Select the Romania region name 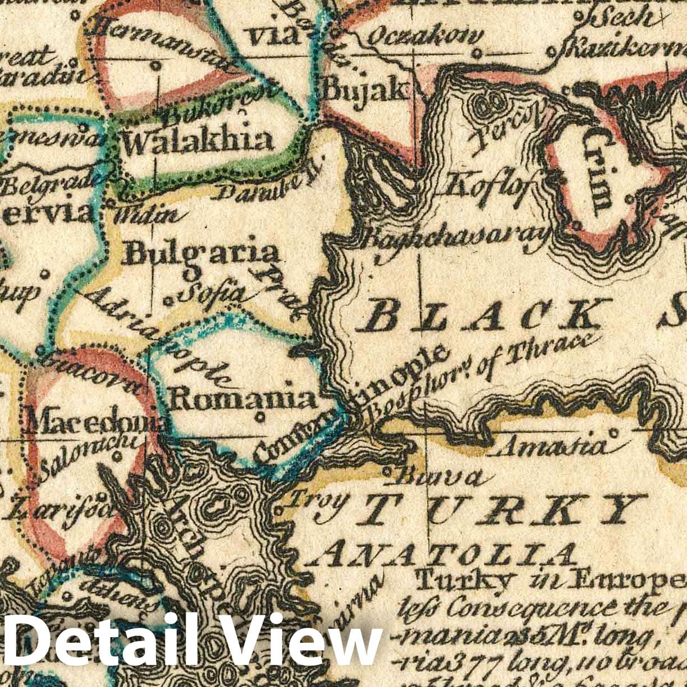pos(242,398)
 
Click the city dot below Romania pos(260,417)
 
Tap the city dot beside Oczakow pos(477,54)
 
